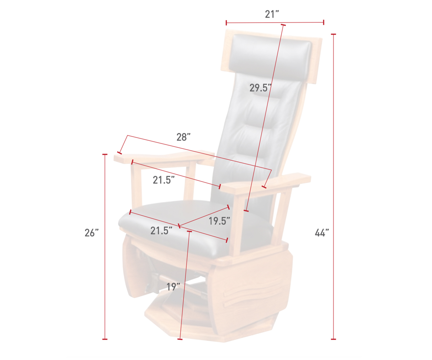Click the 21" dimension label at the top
click(x=272, y=14)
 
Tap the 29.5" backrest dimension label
click(x=260, y=88)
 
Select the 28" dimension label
click(x=183, y=137)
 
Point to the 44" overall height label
click(x=322, y=233)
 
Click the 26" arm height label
click(x=92, y=233)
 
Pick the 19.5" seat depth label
click(x=219, y=221)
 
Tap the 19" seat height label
click(x=173, y=287)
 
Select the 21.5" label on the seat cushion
click(x=161, y=231)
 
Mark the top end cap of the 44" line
click(x=333, y=34)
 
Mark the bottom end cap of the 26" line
click(x=105, y=339)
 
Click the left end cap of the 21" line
click(x=226, y=23)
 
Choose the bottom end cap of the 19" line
click(x=180, y=339)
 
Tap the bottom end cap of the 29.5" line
click(x=246, y=211)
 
